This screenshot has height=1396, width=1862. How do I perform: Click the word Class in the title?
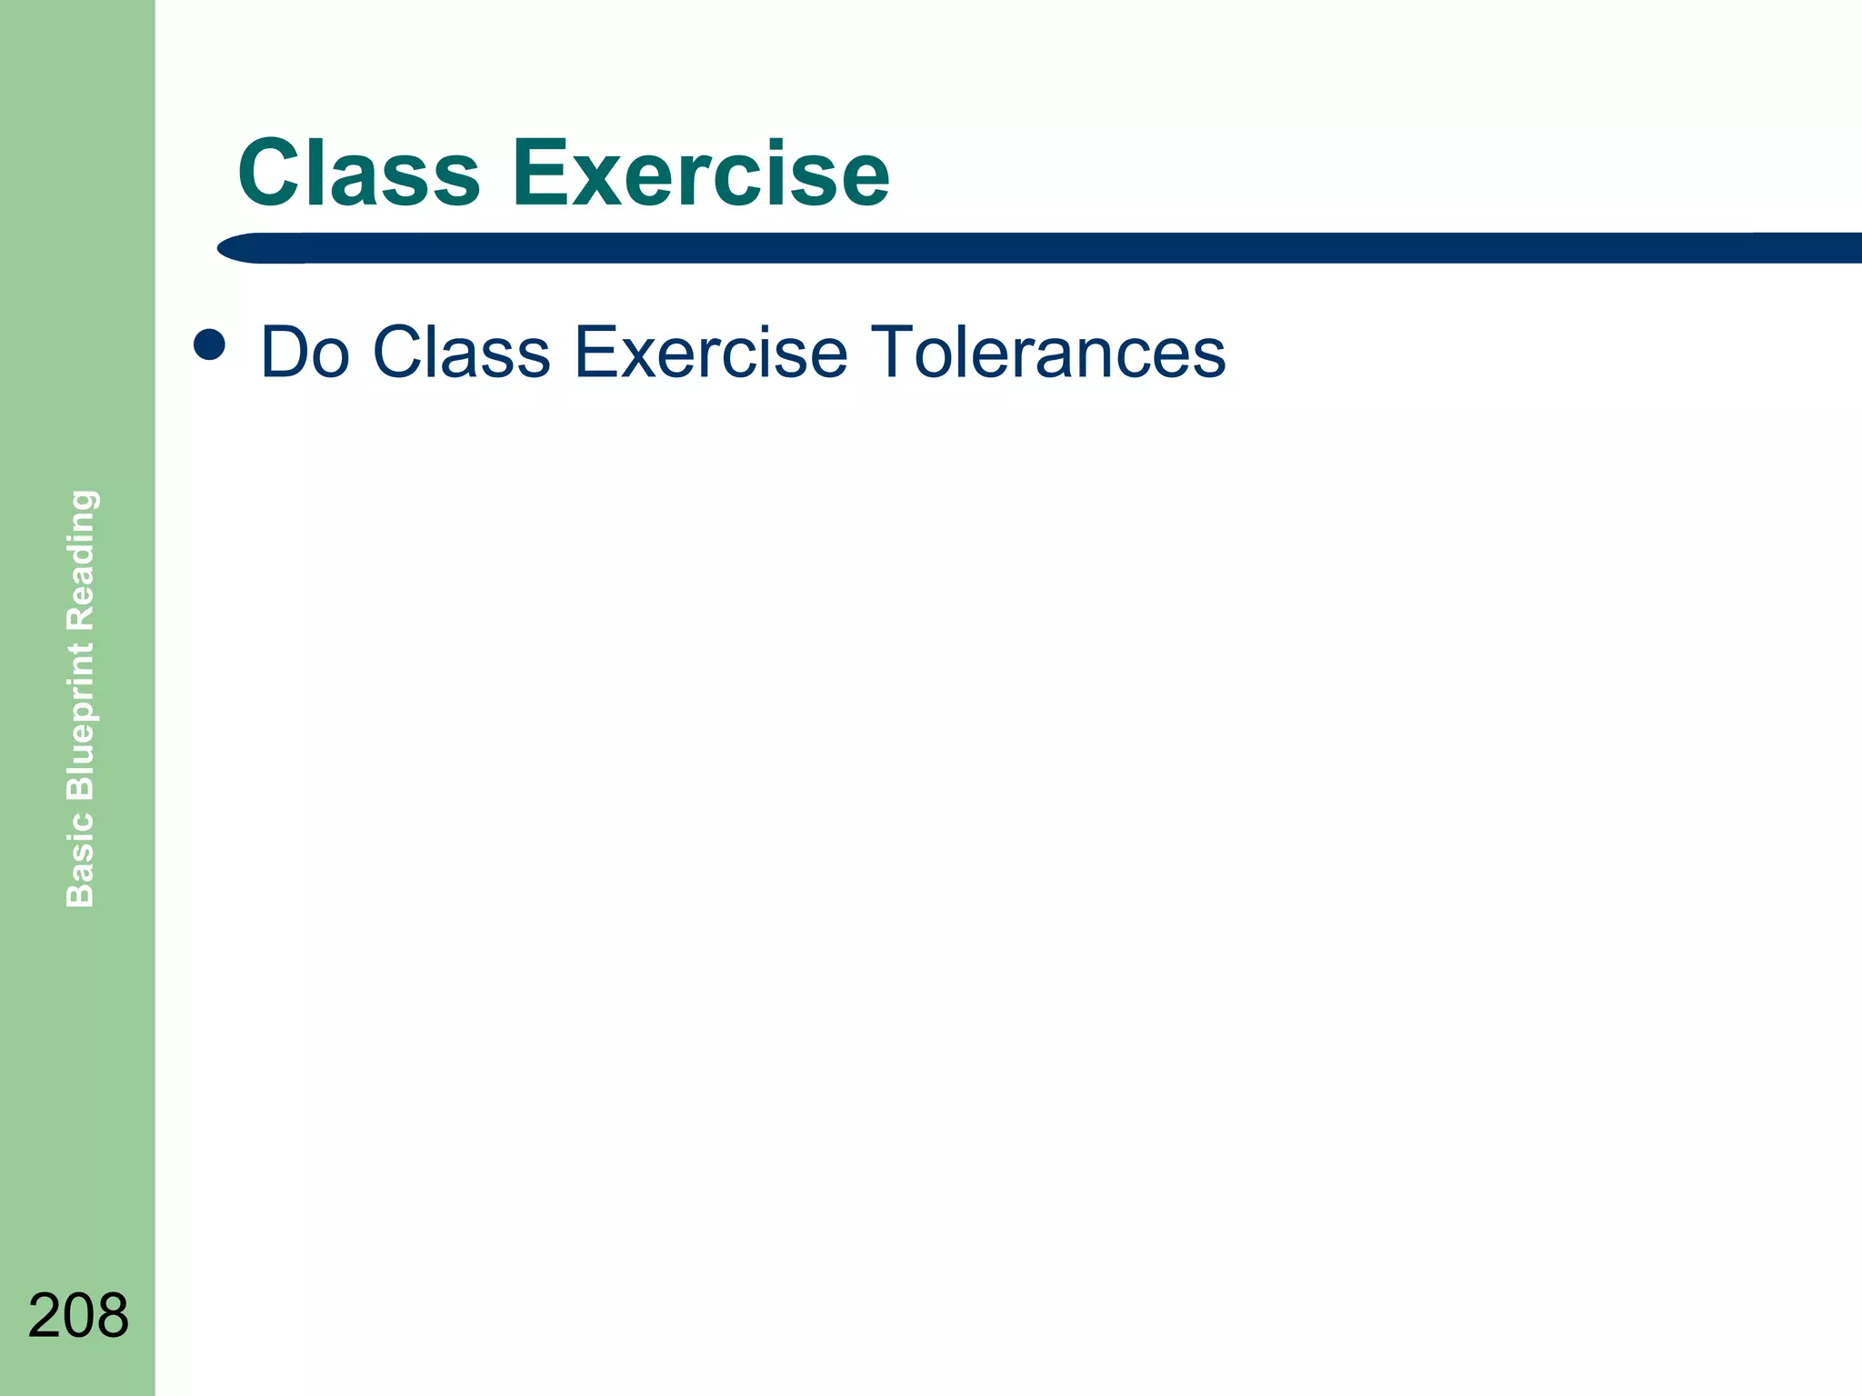tap(358, 173)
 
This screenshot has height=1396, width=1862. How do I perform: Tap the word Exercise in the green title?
tap(700, 173)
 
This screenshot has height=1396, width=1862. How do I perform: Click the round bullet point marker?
tap(210, 344)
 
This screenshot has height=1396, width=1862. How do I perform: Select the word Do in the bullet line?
tap(305, 353)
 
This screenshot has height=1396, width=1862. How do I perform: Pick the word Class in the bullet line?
tap(461, 353)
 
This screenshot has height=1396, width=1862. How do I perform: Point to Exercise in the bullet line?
tap(711, 353)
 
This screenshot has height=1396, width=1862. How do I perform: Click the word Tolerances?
tap(1047, 353)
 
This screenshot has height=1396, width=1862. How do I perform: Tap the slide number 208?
tap(78, 1315)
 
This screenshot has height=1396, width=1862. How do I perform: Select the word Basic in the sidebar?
tap(80, 859)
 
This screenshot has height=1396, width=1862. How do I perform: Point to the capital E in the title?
tap(542, 173)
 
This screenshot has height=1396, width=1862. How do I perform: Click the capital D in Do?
tap(285, 353)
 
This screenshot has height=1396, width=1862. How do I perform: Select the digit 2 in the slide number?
tap(45, 1315)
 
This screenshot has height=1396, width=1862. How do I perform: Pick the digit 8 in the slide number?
tap(113, 1315)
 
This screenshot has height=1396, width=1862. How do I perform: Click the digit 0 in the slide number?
tap(78, 1315)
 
